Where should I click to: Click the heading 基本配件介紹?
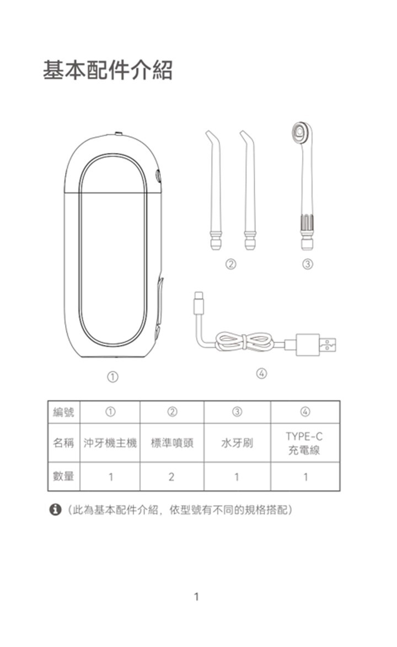point(108,71)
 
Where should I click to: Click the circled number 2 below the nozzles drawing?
point(231,265)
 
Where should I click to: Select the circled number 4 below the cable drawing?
point(261,374)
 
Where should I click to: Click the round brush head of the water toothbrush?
point(299,132)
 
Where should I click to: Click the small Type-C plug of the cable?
point(199,305)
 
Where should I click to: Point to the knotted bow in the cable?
point(243,342)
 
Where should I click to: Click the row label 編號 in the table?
point(63,412)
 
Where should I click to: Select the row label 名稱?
point(63,443)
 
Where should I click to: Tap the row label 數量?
point(63,476)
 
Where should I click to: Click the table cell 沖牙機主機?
point(110,443)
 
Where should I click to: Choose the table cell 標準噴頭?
point(171,443)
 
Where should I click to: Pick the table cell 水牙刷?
point(237,443)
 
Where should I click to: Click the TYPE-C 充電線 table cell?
point(304,443)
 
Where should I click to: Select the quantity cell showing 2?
point(171,476)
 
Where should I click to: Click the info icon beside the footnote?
point(55,510)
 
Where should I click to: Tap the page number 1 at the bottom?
point(197,596)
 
